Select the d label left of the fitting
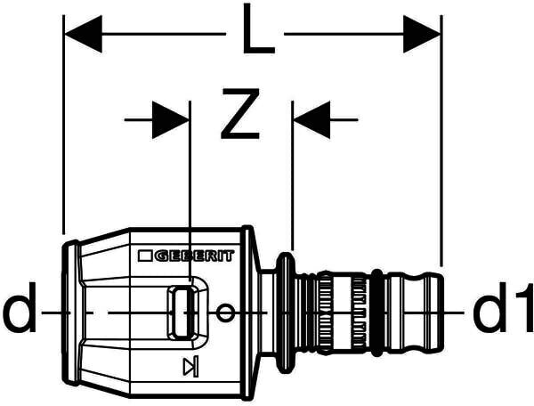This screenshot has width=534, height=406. click(x=20, y=312)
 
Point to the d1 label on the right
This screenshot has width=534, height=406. click(x=503, y=312)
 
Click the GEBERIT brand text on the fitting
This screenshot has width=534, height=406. click(x=195, y=256)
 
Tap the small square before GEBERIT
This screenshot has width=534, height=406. click(x=146, y=256)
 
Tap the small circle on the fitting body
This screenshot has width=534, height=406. click(x=227, y=313)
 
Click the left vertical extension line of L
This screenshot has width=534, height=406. click(x=64, y=134)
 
